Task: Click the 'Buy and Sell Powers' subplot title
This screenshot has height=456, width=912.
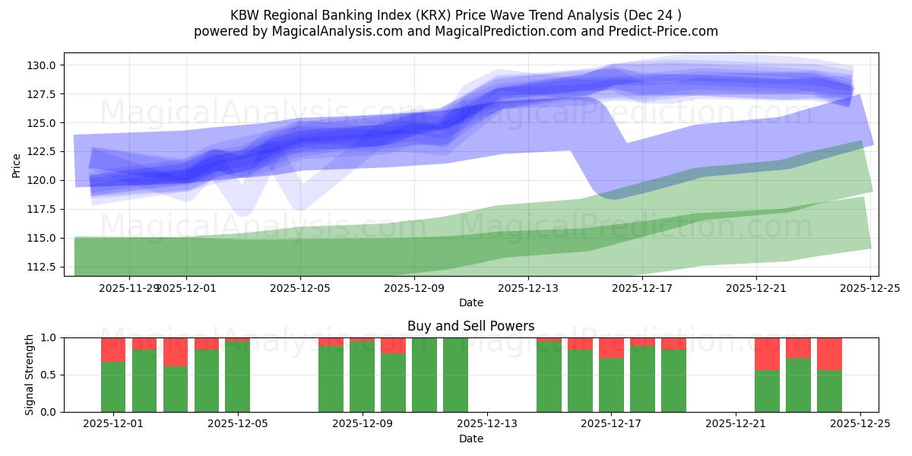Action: coord(470,326)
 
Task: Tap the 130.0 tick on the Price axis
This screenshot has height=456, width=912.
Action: coord(43,65)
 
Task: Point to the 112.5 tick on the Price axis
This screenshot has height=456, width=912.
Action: coord(43,267)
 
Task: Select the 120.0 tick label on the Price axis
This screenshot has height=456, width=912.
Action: coord(43,180)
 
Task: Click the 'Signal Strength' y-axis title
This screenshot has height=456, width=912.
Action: coord(29,375)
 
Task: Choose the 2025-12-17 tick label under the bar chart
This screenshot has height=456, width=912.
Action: coord(611,424)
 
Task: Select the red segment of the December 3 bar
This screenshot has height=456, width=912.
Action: coord(176,352)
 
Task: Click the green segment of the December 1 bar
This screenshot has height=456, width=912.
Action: coord(113,387)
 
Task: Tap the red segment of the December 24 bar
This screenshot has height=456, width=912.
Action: coord(829,353)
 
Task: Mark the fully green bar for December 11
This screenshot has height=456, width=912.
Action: coord(424,375)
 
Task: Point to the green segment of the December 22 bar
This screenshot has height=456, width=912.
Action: coord(767,391)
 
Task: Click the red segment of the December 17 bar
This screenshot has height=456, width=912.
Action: coord(611,348)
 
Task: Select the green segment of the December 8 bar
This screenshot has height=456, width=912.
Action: coord(331,378)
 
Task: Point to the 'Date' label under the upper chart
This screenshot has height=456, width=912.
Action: coord(470,302)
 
